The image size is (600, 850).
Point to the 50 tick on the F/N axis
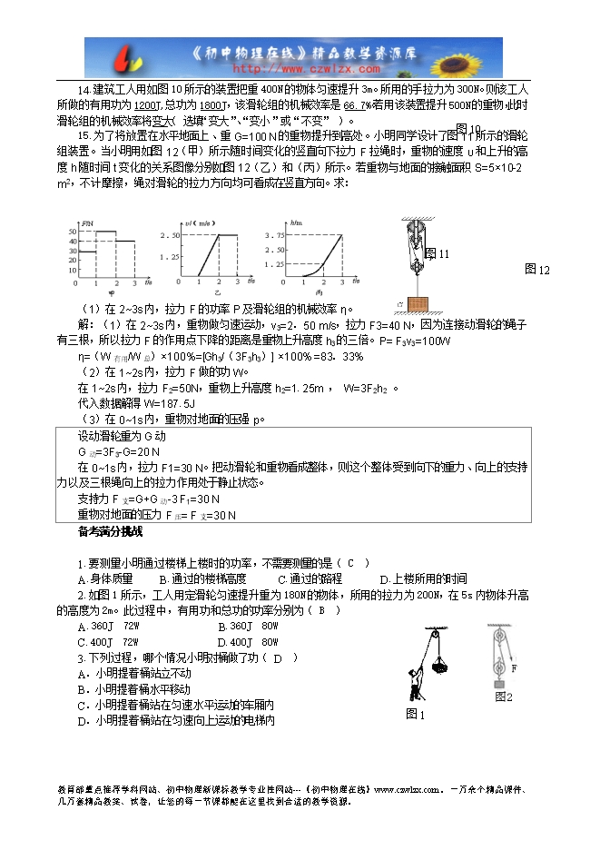(72, 232)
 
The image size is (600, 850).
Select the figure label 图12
(538, 270)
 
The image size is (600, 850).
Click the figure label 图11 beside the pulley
(437, 253)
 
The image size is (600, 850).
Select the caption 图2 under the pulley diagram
(504, 697)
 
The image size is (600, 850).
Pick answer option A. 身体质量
(105, 578)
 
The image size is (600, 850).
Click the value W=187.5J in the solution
(133, 401)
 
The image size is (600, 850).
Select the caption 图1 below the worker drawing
(417, 714)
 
